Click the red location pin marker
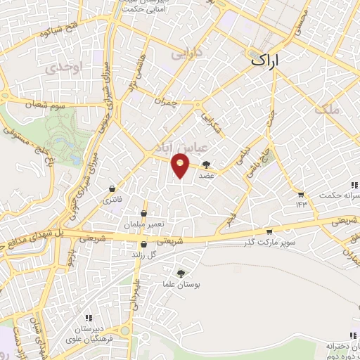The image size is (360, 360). tap(181, 165)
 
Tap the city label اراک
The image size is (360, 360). tap(269, 62)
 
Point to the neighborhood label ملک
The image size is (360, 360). tap(328, 109)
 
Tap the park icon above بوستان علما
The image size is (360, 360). tap(183, 273)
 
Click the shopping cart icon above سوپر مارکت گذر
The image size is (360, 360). tap(269, 231)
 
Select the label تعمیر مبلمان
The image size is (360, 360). tap(146, 224)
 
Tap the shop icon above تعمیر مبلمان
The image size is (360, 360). tap(143, 213)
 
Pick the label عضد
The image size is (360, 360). tap(206, 176)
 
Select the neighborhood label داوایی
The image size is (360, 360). tap(191, 52)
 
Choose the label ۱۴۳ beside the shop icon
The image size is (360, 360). tap(302, 205)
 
